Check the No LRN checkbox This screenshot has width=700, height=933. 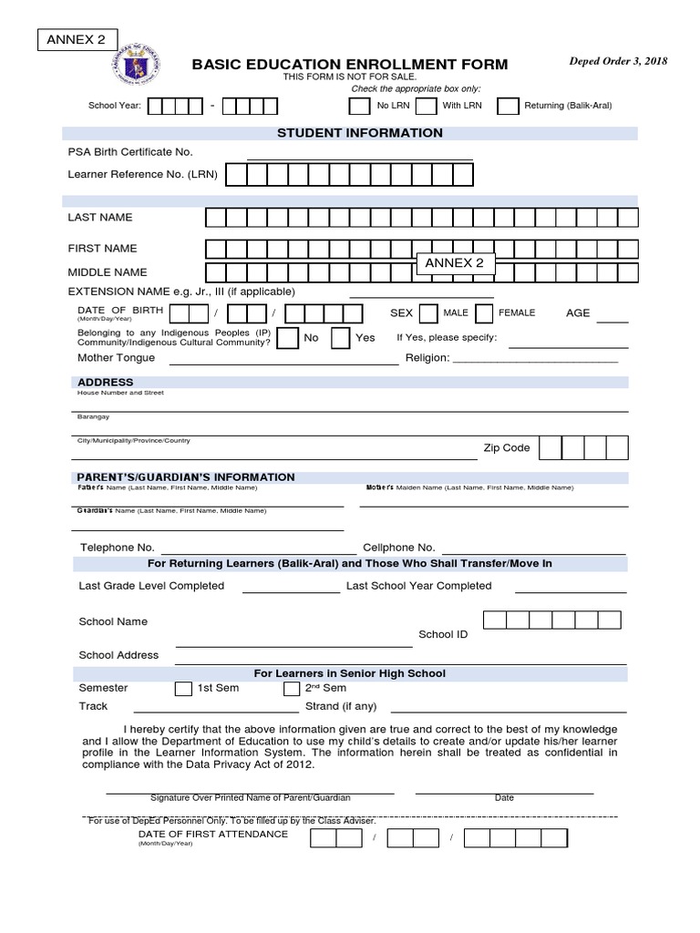(x=360, y=106)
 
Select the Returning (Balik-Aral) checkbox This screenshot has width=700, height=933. (x=508, y=106)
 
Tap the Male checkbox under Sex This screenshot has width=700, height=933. (x=428, y=313)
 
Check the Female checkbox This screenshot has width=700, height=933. (x=483, y=313)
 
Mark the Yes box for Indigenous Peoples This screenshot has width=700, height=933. (x=340, y=338)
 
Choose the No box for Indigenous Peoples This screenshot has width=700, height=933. (x=287, y=338)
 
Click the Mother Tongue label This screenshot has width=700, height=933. (x=116, y=358)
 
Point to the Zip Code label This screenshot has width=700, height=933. (x=506, y=448)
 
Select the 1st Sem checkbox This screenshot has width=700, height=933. (x=183, y=689)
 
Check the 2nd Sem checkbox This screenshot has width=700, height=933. (x=292, y=689)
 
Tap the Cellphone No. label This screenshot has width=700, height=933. (x=399, y=548)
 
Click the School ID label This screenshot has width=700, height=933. (x=443, y=634)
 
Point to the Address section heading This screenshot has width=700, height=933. (x=106, y=382)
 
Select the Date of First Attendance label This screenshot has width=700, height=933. (x=212, y=834)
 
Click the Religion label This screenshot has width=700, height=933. (x=434, y=358)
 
